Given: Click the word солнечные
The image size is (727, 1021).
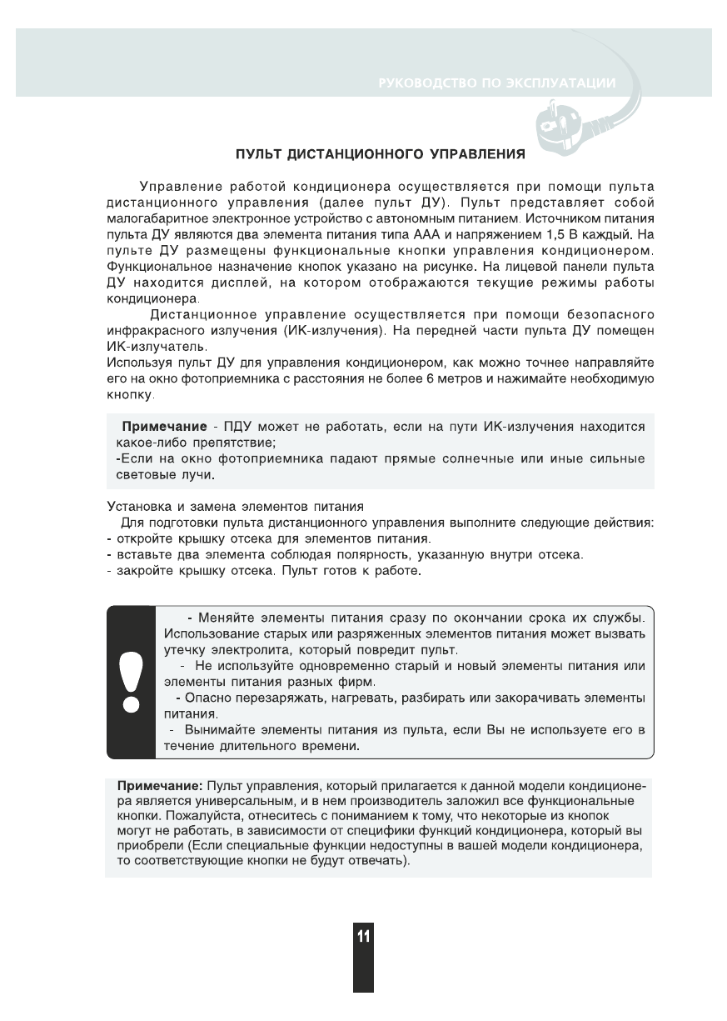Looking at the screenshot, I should [451, 459].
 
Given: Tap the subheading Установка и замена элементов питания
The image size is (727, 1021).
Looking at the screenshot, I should [236, 506].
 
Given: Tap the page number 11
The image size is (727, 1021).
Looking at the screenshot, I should [363, 936].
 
